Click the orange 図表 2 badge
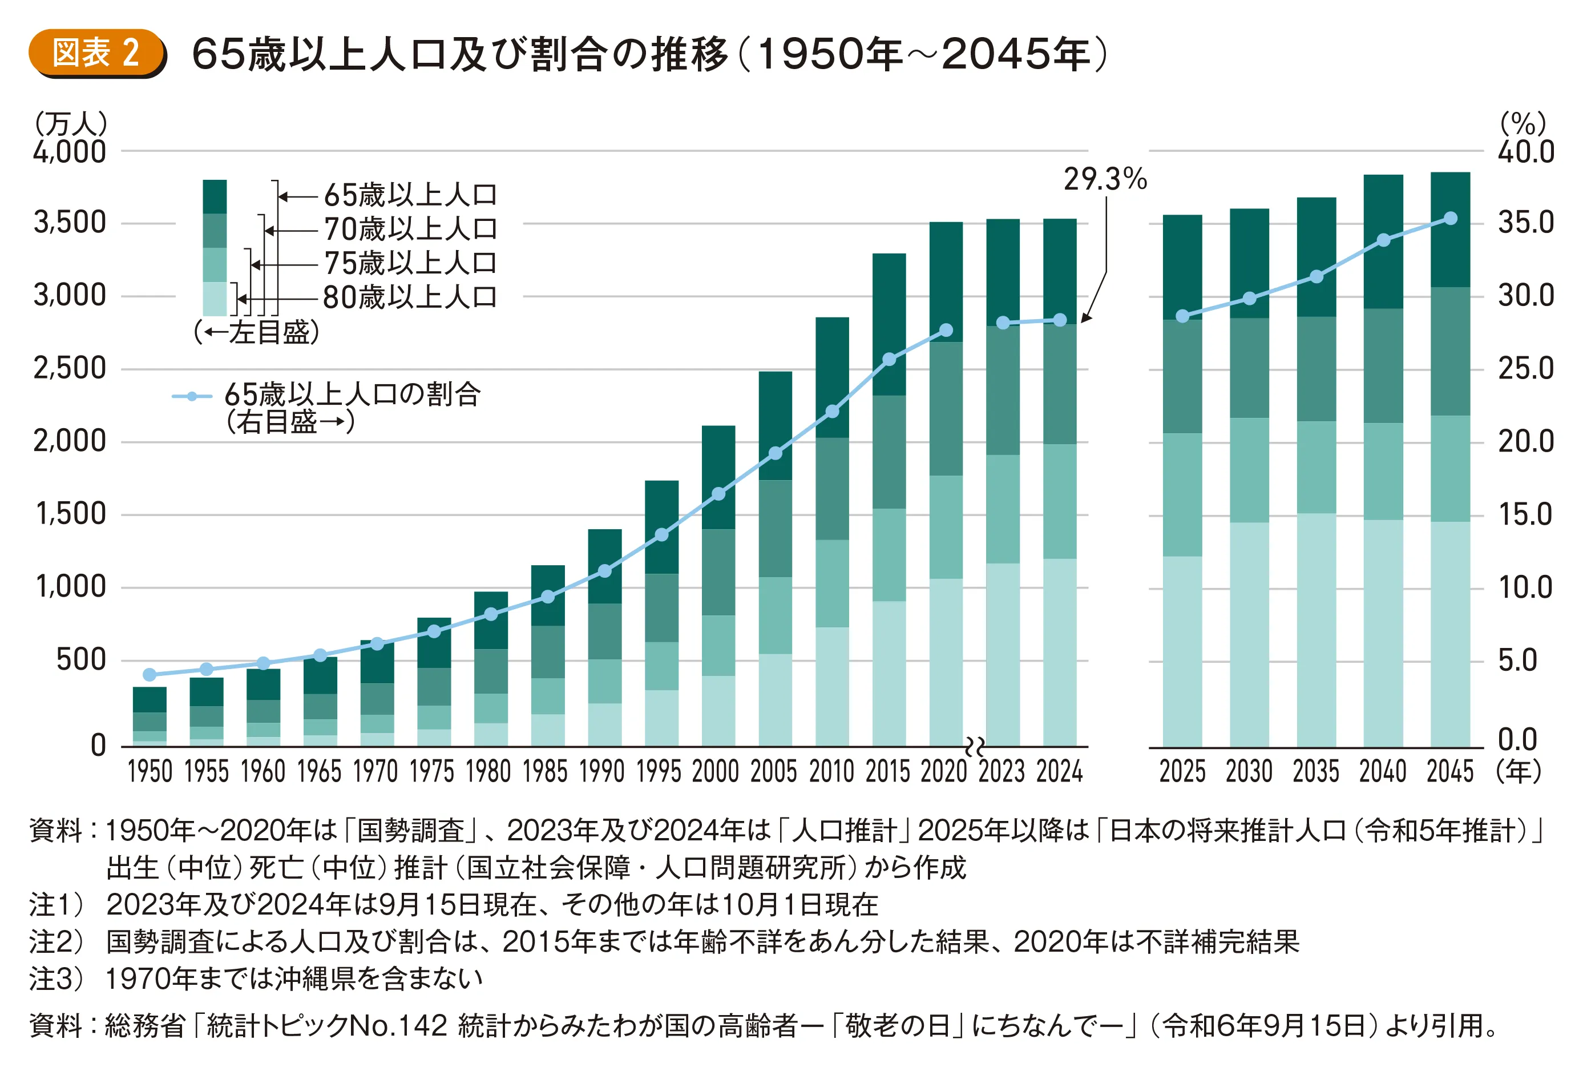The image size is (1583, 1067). pyautogui.click(x=96, y=53)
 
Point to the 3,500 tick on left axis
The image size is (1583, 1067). pyautogui.click(x=70, y=223)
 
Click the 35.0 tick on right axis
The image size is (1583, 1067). pyautogui.click(x=1526, y=223)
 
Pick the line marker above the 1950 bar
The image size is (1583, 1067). pyautogui.click(x=150, y=674)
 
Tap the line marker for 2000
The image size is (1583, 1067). pyautogui.click(x=718, y=494)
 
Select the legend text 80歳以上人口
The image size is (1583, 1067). pyautogui.click(x=410, y=297)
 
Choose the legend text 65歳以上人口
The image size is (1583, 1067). pyautogui.click(x=410, y=195)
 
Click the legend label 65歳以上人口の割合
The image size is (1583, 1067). pyautogui.click(x=353, y=394)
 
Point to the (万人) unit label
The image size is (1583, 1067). pyautogui.click(x=71, y=124)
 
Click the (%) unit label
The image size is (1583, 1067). pyautogui.click(x=1523, y=124)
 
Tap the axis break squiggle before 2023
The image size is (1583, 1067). pyautogui.click(x=974, y=747)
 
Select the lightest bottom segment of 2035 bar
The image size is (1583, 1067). pyautogui.click(x=1316, y=630)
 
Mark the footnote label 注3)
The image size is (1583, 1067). pyautogui.click(x=56, y=979)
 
